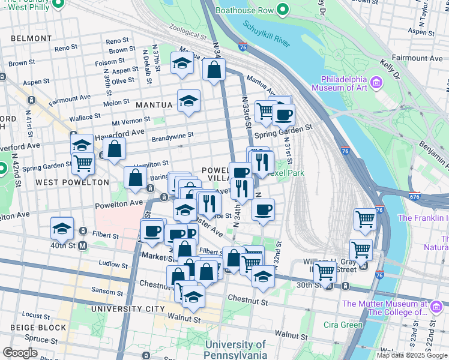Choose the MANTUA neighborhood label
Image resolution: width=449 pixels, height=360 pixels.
point(154,104)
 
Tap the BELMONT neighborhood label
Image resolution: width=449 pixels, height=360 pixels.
point(31,38)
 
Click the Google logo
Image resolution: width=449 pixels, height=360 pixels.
point(20,353)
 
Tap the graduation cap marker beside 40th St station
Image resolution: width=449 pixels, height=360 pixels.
point(62,229)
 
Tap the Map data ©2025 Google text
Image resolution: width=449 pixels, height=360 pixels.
point(411,355)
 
